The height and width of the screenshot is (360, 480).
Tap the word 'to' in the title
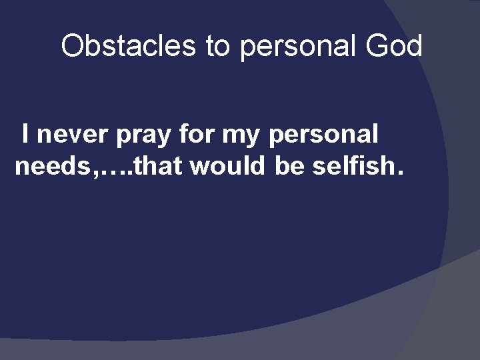point(218,46)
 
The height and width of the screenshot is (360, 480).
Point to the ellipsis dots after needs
point(114,171)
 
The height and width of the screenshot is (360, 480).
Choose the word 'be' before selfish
point(289,166)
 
